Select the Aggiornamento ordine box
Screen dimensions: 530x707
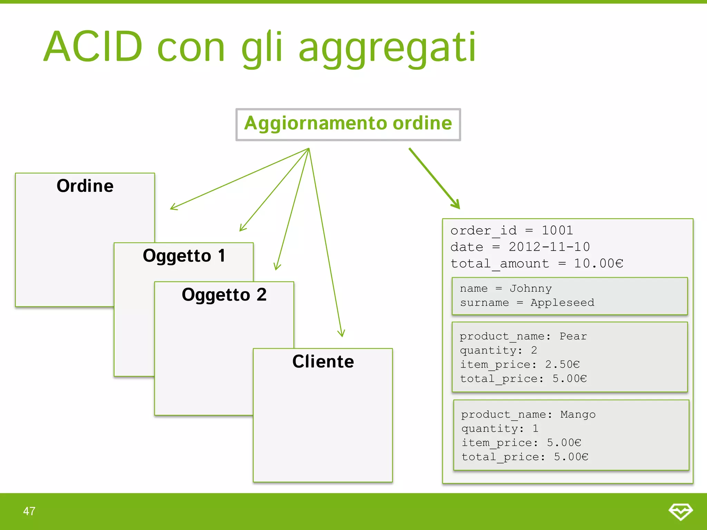[x=348, y=124]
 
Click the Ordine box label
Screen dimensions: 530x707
[x=85, y=186]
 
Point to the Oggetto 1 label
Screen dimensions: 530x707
[x=184, y=256]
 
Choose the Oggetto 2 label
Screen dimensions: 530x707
[x=224, y=295]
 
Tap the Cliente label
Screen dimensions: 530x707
[x=323, y=362]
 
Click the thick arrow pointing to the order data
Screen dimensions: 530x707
[x=434, y=178]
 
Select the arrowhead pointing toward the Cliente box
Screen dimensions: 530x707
[x=341, y=333]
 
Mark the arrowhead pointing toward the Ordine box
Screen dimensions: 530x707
[x=174, y=207]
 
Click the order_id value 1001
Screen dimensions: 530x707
[x=557, y=230]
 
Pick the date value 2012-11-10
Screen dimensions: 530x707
[x=549, y=247]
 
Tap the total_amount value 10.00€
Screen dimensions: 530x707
[x=598, y=264]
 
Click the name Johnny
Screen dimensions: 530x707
[x=531, y=288]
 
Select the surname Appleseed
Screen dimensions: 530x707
[x=562, y=303]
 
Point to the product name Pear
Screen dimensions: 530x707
[x=573, y=336]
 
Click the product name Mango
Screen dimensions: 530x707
[x=578, y=414]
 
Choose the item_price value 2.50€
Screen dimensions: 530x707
[x=562, y=364]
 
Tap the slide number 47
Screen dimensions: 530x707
[x=29, y=511]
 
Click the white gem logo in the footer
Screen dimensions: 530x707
[x=680, y=511]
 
